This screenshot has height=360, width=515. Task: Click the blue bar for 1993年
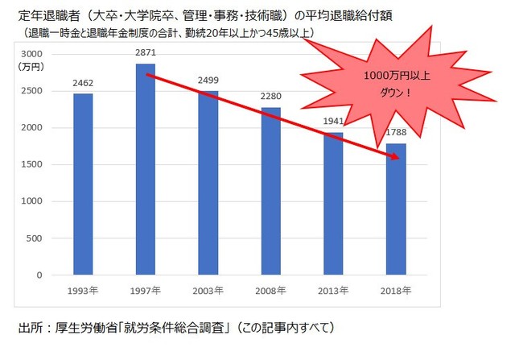[83, 184]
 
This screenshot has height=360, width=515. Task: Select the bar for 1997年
[146, 169]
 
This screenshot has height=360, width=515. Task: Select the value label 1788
[396, 131]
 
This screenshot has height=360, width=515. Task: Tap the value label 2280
[271, 95]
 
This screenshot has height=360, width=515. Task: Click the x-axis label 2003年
[208, 290]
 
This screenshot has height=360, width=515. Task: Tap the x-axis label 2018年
[396, 290]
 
